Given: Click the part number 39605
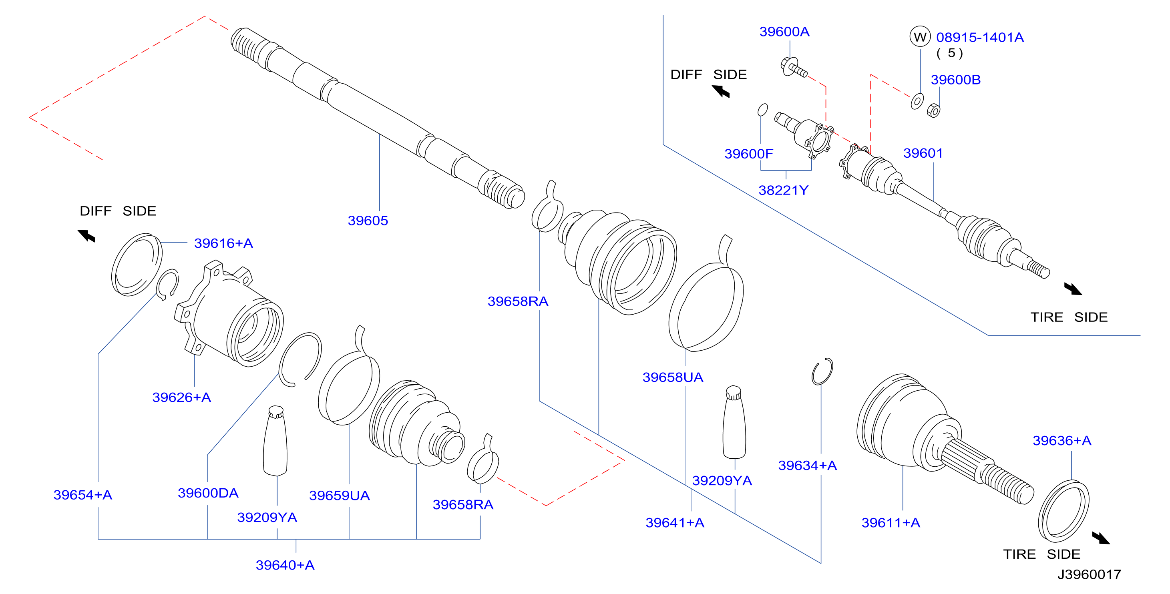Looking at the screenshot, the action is [368, 221].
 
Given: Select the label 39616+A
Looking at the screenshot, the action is [223, 243].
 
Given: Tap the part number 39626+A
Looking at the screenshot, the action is [182, 397].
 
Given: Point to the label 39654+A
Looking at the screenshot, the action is [82, 495].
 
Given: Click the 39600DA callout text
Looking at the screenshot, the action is [208, 493].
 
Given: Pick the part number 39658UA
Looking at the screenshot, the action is [673, 377].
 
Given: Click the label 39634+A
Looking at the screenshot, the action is [807, 466].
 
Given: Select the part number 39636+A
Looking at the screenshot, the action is [1062, 441].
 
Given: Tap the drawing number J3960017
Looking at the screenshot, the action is [1089, 574].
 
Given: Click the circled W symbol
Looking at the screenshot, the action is [920, 37].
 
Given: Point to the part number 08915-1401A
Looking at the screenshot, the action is [980, 37].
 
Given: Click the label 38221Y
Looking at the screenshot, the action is [784, 190].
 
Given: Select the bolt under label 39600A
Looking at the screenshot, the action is [794, 68].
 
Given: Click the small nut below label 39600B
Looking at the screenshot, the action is [933, 110].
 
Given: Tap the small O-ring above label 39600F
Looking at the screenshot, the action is [763, 110].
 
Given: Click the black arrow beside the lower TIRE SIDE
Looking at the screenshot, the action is [1101, 538].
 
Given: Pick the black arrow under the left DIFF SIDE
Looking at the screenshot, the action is [86, 236].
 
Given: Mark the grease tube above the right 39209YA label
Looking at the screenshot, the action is [734, 422].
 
